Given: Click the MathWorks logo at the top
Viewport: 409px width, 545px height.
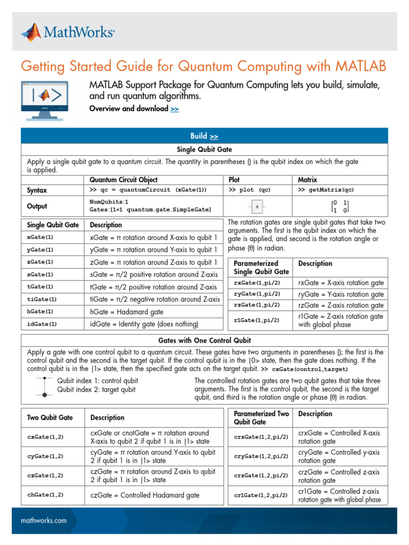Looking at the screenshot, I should [x=68, y=34].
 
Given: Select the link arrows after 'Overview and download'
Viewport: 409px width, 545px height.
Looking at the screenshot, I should [x=175, y=109].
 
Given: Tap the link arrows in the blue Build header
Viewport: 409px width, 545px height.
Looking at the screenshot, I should [x=213, y=137].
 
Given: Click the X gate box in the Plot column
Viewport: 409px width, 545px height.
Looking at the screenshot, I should [x=257, y=207].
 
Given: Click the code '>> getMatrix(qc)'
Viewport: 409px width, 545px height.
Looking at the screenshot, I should [x=325, y=190].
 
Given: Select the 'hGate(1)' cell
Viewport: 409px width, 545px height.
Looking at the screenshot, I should [x=40, y=311].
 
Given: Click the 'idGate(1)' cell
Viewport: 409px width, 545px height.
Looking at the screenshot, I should [x=42, y=324].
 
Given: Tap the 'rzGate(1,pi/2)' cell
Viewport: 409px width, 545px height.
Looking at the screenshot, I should [x=257, y=305].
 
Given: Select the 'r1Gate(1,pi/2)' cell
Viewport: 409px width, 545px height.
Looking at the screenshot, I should [x=257, y=320].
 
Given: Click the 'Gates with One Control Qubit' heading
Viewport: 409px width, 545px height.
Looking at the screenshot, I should [x=204, y=341].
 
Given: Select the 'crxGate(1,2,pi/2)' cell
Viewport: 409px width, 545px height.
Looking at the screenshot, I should [x=261, y=437].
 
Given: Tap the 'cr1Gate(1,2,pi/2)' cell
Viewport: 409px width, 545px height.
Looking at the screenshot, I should [x=261, y=495].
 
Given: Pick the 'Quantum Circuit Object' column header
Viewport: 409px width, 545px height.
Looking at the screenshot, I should [x=124, y=180].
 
